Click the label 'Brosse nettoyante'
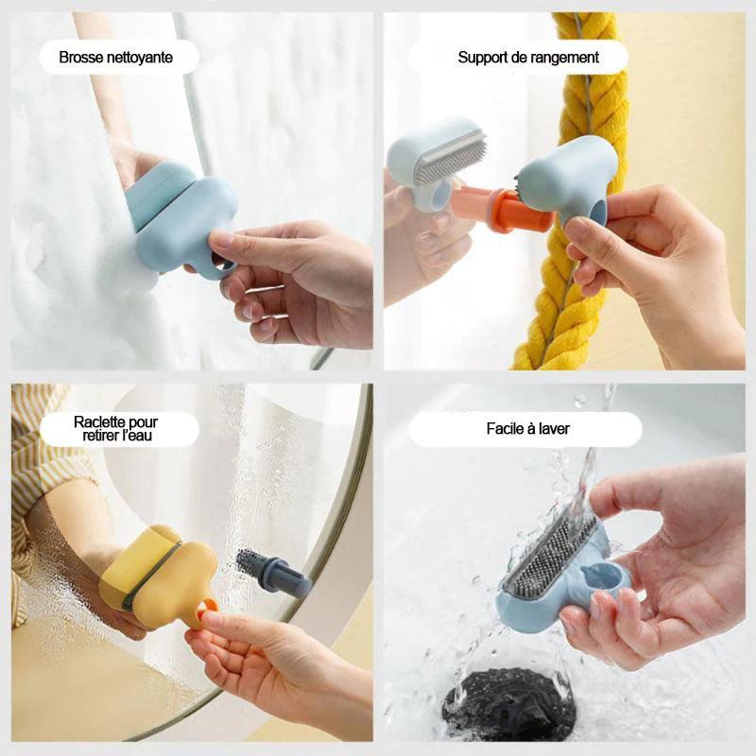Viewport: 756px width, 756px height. [116, 58]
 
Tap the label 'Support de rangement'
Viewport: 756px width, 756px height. [528, 58]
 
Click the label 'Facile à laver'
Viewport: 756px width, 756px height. [527, 429]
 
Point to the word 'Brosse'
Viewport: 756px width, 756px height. [79, 58]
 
